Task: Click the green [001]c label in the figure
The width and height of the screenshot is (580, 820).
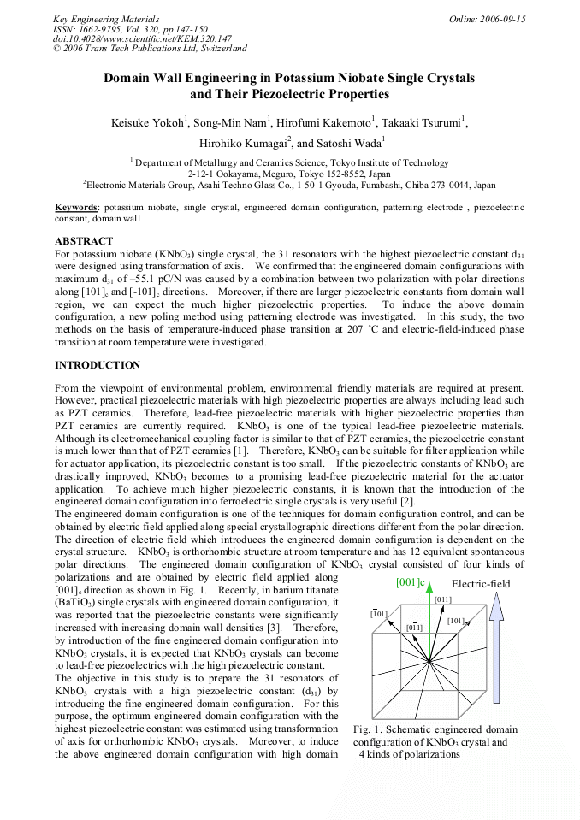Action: pos(411,583)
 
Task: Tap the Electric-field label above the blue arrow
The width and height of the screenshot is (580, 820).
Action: pos(481,585)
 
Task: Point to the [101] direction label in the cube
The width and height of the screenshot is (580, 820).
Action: pos(456,621)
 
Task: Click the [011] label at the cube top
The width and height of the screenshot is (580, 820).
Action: pos(442,599)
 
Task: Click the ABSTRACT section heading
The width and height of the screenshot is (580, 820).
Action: pos(84,241)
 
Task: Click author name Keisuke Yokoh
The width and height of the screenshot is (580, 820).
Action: pos(147,123)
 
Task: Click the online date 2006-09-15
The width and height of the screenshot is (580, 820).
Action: pos(501,19)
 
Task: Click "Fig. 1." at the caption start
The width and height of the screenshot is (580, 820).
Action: pos(367,729)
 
